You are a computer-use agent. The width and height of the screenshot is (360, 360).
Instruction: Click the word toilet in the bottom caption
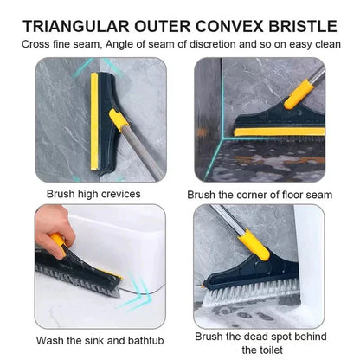[262, 349]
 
